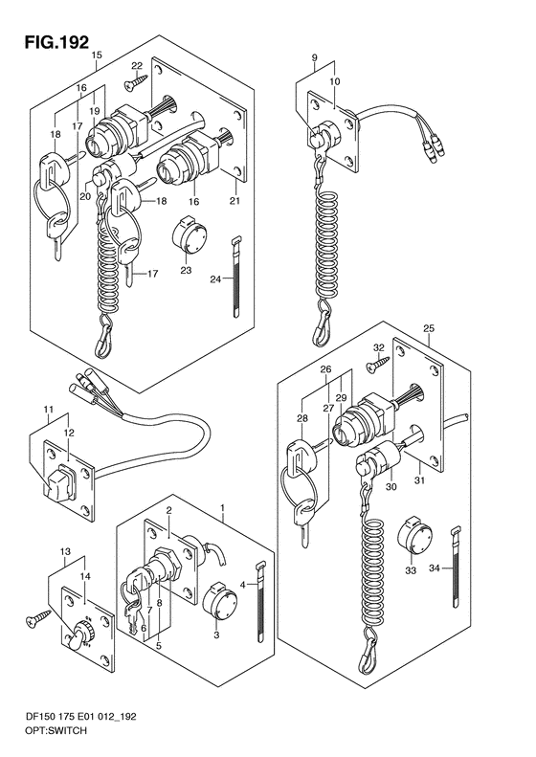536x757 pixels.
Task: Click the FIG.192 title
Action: pyautogui.click(x=57, y=42)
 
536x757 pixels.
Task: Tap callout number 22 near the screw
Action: pyautogui.click(x=137, y=66)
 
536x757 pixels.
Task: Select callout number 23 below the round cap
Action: pyautogui.click(x=186, y=270)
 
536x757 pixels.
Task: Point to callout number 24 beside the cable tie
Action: pyautogui.click(x=216, y=278)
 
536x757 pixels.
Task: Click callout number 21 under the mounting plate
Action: pyautogui.click(x=234, y=201)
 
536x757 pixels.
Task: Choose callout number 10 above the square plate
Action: pyautogui.click(x=335, y=81)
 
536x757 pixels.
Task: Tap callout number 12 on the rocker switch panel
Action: pyautogui.click(x=68, y=434)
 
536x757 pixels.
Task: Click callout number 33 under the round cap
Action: pyautogui.click(x=411, y=571)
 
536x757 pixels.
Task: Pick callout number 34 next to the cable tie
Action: pyautogui.click(x=435, y=568)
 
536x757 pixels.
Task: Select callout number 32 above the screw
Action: pyautogui.click(x=379, y=347)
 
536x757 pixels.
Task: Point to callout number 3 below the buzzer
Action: pyautogui.click(x=216, y=635)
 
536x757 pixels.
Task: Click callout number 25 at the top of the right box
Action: pyautogui.click(x=429, y=328)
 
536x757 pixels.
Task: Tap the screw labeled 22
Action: pyautogui.click(x=136, y=82)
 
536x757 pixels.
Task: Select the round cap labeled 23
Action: pyautogui.click(x=190, y=235)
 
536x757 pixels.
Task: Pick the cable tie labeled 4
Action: pyautogui.click(x=259, y=602)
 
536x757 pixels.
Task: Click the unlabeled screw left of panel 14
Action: pyautogui.click(x=37, y=618)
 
